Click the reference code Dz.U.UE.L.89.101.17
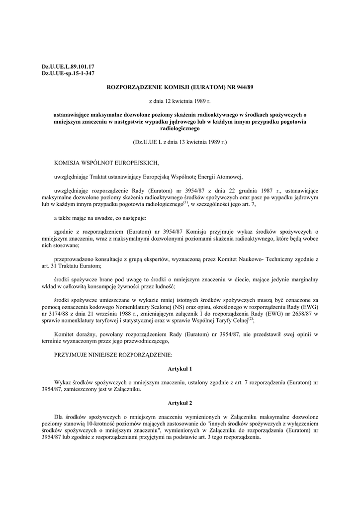point(68,66)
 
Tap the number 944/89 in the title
point(242,87)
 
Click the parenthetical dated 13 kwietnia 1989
point(180,142)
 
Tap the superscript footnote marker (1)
point(185,202)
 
